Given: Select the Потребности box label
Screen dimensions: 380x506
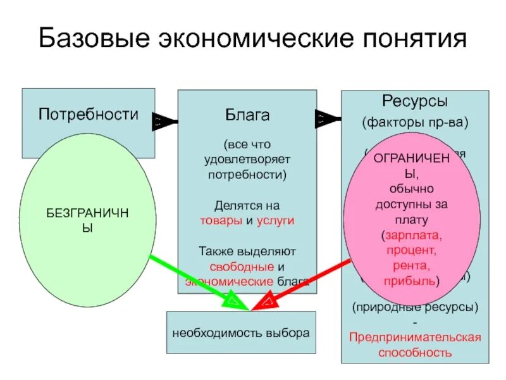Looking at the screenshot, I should pos(89,115).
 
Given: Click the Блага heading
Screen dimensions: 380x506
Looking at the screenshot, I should pos(247,116).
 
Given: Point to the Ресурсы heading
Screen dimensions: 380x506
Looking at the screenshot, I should pos(415,101).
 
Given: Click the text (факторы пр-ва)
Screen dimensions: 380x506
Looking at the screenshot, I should pos(415,122).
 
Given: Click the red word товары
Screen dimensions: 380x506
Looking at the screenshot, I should pos(219,221).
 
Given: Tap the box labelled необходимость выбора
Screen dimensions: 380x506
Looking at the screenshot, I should pos(241,332).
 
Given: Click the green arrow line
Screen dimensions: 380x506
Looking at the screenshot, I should pos(190,278).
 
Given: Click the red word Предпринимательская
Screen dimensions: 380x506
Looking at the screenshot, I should pos(415,337).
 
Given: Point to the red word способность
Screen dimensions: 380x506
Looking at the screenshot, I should pos(415,352).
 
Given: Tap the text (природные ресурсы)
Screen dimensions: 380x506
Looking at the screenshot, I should pos(415,307).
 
